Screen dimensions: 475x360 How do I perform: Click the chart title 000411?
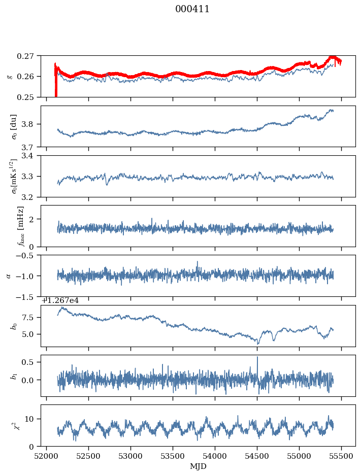pyautogui.click(x=192, y=9)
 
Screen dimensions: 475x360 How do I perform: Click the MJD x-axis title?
pyautogui.click(x=198, y=466)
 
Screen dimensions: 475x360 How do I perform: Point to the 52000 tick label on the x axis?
pyautogui.click(x=47, y=456)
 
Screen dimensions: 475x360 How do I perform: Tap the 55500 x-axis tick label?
pyautogui.click(x=341, y=456)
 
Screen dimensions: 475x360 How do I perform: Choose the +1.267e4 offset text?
pyautogui.click(x=60, y=300)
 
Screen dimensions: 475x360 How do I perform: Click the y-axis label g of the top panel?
pyautogui.click(x=9, y=76)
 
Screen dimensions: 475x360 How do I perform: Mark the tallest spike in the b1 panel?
pyautogui.click(x=257, y=357)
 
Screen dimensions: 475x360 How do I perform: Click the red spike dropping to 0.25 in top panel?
pyautogui.click(x=56, y=91)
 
